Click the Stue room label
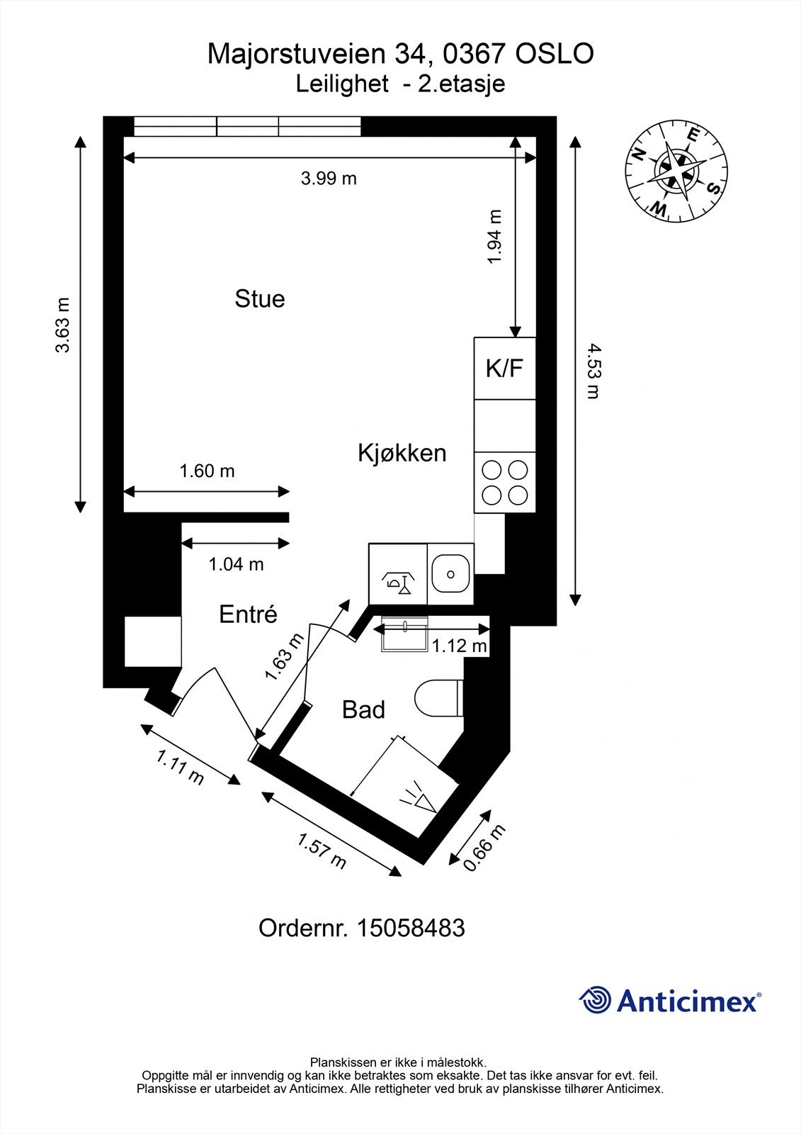259,298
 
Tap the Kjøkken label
402,453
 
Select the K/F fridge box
504,368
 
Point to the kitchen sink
450,573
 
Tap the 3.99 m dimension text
329,179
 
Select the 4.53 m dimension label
593,371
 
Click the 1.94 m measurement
494,237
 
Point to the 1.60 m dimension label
207,471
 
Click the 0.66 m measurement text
484,848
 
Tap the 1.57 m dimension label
322,851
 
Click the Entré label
248,614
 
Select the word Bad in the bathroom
363,709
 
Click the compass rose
676,170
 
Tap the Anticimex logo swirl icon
595,1001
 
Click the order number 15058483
411,928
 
